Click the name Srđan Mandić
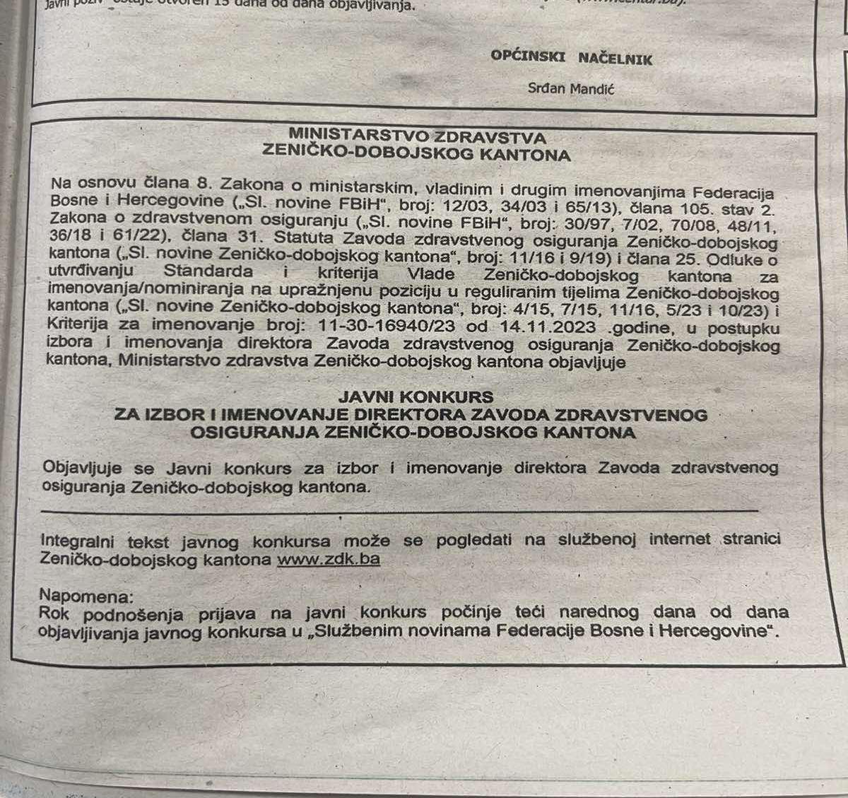coord(570,89)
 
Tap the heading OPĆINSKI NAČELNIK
coord(571,59)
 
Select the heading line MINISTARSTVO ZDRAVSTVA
coord(417,136)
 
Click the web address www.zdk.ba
coord(328,559)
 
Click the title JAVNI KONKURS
coord(415,397)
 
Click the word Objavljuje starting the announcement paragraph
coord(82,468)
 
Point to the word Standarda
coord(208,271)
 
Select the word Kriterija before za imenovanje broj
coord(77,324)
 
